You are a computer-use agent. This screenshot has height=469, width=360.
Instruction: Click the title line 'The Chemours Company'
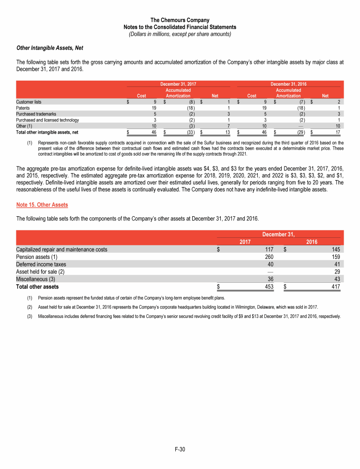point(180,20)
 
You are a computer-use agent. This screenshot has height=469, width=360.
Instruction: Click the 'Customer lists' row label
point(29,101)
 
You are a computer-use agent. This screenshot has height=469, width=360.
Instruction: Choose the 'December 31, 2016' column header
point(288,83)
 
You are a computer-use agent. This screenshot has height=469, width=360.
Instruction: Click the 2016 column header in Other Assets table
point(312,242)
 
